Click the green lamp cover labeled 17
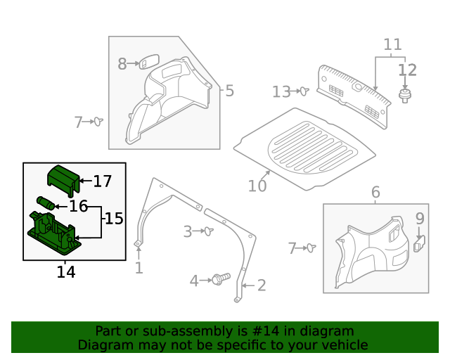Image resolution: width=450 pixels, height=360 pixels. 62,180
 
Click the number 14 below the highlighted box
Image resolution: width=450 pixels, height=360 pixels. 66,271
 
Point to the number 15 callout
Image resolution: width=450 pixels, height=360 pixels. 114,219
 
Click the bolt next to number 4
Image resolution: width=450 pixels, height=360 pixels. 220,280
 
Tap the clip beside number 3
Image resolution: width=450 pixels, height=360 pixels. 208,231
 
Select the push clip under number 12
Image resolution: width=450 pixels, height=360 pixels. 406,95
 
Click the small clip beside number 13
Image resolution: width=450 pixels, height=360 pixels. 304,91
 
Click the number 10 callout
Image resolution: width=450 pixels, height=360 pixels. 257,186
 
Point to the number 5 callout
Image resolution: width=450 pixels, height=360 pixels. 229,91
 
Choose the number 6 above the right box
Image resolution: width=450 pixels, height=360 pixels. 375,192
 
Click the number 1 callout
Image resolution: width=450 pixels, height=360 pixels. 139,268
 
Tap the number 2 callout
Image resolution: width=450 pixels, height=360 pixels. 261,285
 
